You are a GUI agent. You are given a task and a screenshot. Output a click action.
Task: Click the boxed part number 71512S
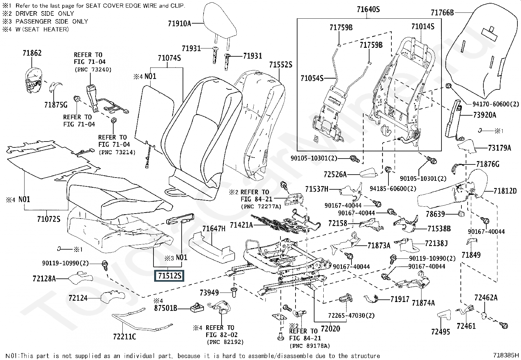169,276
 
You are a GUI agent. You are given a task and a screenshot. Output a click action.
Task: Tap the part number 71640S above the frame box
368,9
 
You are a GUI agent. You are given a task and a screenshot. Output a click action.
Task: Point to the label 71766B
442,13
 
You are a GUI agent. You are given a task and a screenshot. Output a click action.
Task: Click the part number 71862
32,53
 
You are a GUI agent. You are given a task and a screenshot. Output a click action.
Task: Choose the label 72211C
124,336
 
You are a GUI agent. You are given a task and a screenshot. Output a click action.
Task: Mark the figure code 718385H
506,355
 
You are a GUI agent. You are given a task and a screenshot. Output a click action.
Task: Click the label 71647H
214,229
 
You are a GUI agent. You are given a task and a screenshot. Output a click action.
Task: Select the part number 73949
209,293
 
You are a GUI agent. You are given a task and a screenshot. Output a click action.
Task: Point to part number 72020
330,328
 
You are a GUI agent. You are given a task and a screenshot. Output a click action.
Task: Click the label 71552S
280,65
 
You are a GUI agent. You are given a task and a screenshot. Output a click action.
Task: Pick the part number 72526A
335,175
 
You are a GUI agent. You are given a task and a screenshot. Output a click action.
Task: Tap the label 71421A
242,225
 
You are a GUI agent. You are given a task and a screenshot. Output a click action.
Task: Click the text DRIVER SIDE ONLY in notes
45,13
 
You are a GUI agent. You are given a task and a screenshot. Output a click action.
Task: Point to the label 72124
78,298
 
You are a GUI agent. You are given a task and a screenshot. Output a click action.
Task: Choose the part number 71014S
423,27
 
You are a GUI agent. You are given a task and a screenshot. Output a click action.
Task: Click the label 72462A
486,297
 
